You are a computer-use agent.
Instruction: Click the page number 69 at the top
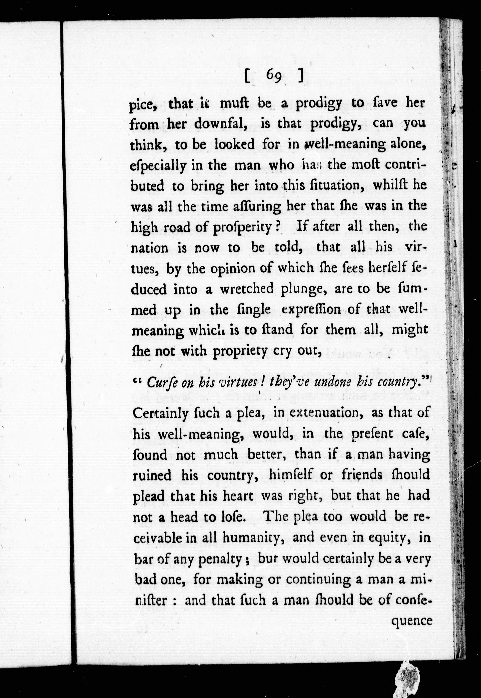[x=274, y=78]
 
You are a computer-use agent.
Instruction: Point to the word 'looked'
[x=234, y=144]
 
